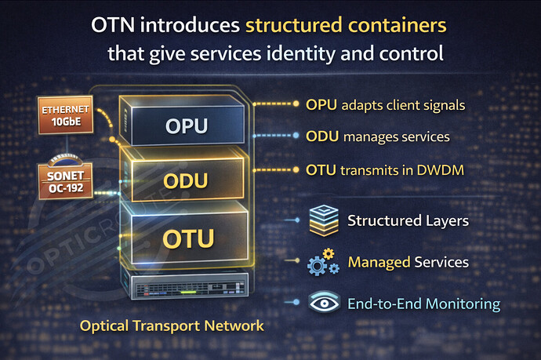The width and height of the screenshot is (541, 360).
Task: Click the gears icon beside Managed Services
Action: [x=323, y=262]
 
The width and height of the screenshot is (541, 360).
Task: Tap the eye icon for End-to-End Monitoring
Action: [x=323, y=303]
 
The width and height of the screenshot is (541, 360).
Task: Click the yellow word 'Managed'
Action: [x=379, y=262]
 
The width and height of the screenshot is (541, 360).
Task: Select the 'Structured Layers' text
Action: [x=408, y=220]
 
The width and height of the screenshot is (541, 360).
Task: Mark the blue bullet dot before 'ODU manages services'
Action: [x=294, y=136]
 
